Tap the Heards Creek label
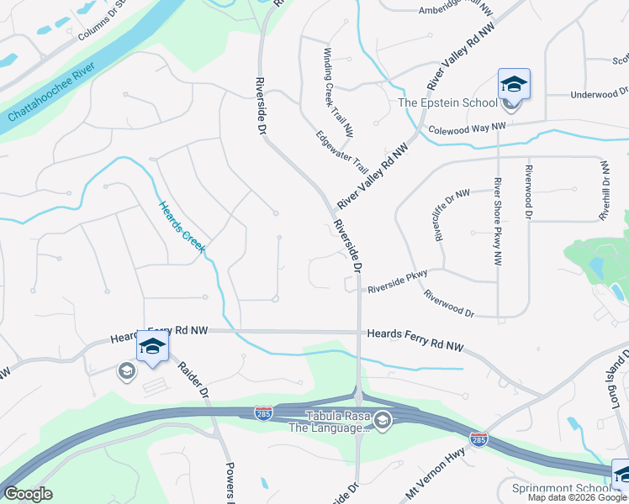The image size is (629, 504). [182, 228]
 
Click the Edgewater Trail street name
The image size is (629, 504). [342, 151]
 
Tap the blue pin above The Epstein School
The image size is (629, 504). [513, 84]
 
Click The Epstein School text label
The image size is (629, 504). [447, 103]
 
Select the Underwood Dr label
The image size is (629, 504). [599, 94]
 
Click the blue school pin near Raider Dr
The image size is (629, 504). [152, 345]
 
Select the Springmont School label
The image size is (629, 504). [560, 488]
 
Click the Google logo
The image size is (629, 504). [27, 494]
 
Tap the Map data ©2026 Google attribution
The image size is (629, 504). [577, 497]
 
